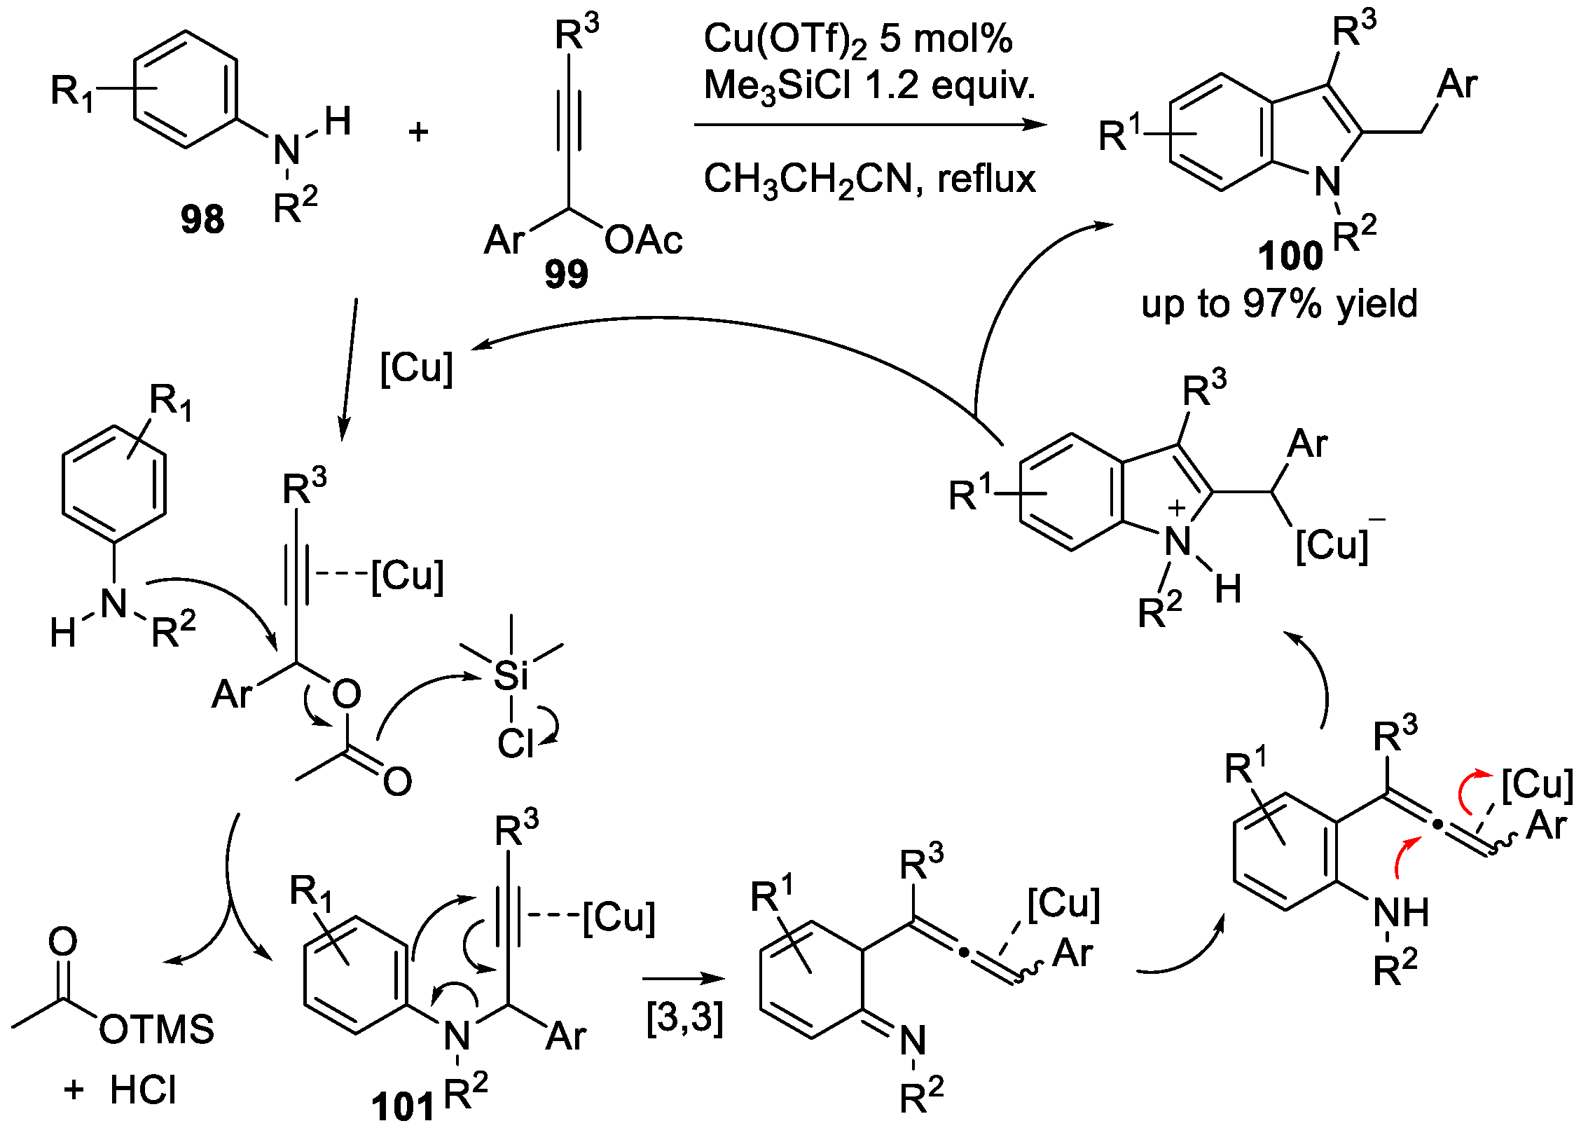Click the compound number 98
[202, 219]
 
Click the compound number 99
[566, 274]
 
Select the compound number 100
[1290, 256]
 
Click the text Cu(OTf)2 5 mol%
[857, 39]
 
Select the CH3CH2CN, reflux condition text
[869, 179]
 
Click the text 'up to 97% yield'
[1279, 304]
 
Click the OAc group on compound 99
[643, 240]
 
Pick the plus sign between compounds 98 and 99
[418, 132]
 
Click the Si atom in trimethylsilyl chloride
[511, 675]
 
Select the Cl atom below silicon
[515, 743]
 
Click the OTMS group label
[156, 1029]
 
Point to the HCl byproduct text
[143, 1090]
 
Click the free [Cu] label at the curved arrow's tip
[416, 368]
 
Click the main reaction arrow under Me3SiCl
[869, 125]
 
